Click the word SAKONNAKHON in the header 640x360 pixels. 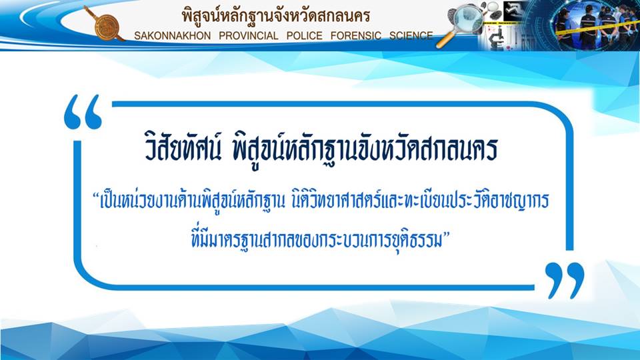[x=172, y=36]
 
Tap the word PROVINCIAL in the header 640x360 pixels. [x=249, y=36]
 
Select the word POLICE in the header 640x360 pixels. [x=304, y=36]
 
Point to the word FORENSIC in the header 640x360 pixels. [x=355, y=36]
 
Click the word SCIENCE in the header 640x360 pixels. [x=411, y=36]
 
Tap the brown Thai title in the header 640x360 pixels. [x=276, y=16]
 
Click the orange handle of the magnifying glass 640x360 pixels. [x=445, y=41]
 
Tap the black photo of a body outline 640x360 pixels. [x=515, y=10]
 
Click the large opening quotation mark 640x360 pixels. [x=83, y=112]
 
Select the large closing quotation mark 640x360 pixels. [x=565, y=280]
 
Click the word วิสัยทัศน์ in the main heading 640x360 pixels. [x=183, y=147]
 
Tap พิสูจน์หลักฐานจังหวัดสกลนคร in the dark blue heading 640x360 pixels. [x=365, y=148]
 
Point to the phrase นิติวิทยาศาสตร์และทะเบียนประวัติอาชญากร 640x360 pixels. [x=421, y=201]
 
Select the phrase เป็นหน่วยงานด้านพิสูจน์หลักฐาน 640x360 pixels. [x=189, y=201]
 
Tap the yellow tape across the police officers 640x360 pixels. [x=597, y=27]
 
